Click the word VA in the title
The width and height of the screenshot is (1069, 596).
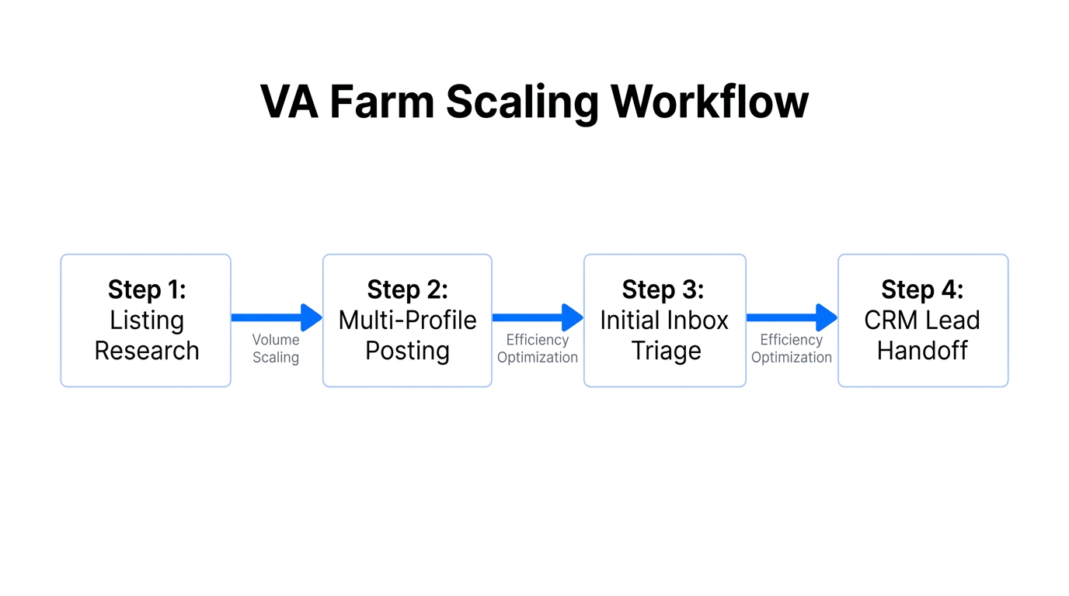point(289,102)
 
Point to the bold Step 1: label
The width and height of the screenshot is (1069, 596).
point(147,289)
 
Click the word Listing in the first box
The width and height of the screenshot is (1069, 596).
point(147,320)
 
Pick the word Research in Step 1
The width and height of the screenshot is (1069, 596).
point(147,351)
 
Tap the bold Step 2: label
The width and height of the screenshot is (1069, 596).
point(407,289)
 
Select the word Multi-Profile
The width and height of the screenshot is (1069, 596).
point(407,320)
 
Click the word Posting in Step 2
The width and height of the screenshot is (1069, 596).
point(407,351)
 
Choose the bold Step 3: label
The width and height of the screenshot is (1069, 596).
point(663,289)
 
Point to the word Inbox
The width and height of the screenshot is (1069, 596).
point(698,320)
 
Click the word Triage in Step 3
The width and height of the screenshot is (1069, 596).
point(666,351)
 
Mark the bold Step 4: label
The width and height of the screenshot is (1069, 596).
point(922,289)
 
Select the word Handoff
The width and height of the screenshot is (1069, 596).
point(922,351)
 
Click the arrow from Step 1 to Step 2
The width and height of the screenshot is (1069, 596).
point(277,317)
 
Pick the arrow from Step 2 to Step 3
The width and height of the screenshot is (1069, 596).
point(538,317)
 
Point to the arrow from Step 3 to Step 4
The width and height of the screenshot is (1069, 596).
point(792,317)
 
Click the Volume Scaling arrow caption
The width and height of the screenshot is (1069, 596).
point(276,348)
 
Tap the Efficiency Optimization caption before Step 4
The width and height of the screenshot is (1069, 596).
point(792,348)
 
